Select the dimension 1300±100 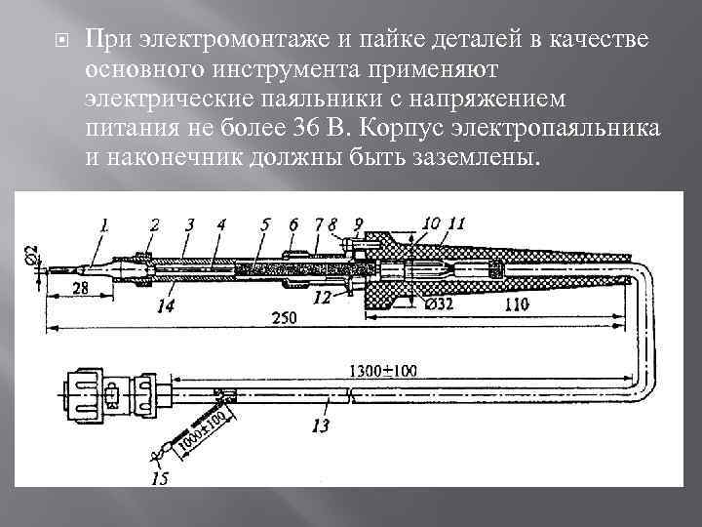click(382, 370)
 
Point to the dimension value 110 click(519, 305)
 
